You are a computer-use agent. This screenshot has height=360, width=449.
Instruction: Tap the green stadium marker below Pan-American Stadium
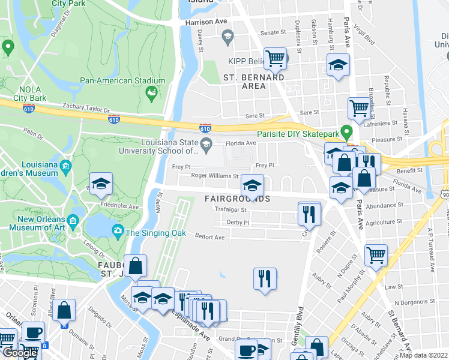click(x=151, y=93)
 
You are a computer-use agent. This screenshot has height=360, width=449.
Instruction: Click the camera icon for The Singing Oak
click(x=117, y=230)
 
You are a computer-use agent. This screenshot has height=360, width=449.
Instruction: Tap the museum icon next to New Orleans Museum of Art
click(x=73, y=220)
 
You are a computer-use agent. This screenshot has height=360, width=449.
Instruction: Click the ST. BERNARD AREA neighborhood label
click(x=253, y=82)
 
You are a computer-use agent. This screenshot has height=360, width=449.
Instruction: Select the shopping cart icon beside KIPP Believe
click(x=275, y=58)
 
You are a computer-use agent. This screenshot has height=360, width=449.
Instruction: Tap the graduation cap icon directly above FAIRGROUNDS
click(x=252, y=184)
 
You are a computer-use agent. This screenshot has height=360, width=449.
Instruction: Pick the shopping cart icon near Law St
click(x=376, y=254)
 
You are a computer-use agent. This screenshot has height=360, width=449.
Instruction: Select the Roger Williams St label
click(x=215, y=176)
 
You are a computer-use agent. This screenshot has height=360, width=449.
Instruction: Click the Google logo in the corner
click(x=20, y=353)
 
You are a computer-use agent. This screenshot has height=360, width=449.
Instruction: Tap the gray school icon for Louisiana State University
click(x=206, y=143)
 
